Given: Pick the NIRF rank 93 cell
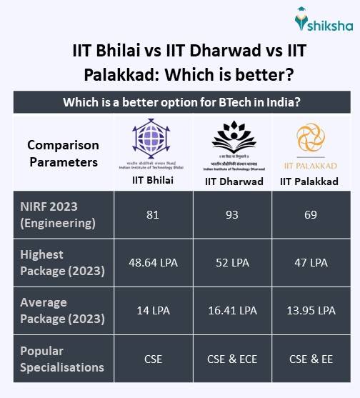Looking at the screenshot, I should click(x=232, y=214).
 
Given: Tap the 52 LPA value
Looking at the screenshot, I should click(x=232, y=262).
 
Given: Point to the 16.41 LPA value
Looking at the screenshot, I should click(x=232, y=310).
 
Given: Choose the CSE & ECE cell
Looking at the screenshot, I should click(x=232, y=359).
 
